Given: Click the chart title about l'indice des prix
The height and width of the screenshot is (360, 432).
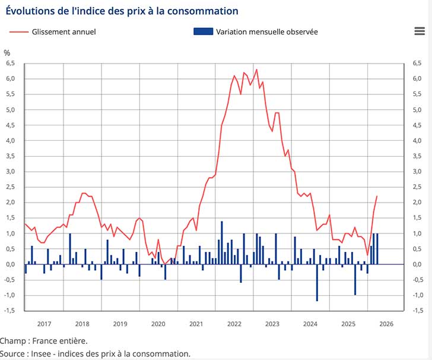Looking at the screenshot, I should (122, 11).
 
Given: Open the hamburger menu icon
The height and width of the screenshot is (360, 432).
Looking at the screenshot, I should (419, 31).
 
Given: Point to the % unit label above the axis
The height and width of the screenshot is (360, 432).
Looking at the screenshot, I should (7, 53).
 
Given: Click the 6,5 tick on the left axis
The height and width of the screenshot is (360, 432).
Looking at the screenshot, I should (10, 63).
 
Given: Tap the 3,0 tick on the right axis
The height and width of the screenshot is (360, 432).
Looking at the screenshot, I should (417, 172).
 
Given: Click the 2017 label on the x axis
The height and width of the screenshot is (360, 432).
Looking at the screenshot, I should (45, 324).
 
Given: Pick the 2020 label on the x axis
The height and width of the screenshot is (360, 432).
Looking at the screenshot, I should (158, 324).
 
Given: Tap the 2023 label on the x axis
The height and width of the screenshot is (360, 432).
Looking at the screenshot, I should (272, 324).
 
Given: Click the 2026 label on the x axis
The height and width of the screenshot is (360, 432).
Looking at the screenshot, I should (386, 324).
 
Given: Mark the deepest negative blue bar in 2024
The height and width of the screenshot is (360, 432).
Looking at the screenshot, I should (317, 283).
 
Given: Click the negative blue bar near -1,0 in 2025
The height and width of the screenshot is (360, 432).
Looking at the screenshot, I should (355, 279).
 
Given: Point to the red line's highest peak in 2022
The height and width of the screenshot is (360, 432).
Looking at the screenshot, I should (256, 70).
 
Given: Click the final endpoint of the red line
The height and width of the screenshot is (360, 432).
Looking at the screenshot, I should (377, 196).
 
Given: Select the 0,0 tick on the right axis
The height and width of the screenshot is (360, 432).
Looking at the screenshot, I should (417, 264).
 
